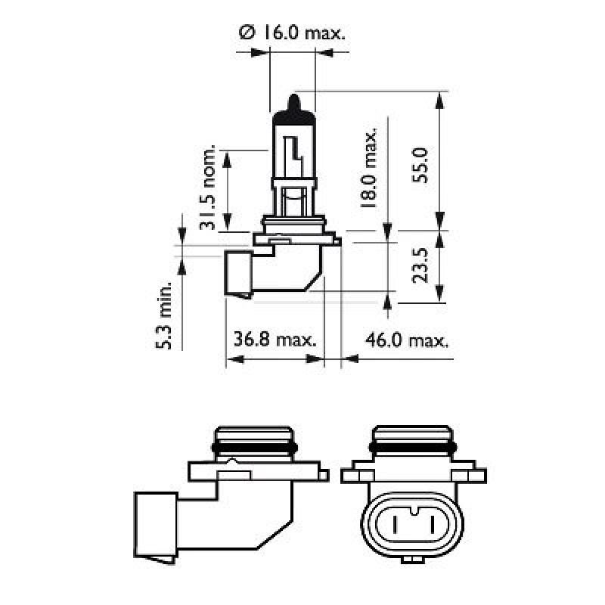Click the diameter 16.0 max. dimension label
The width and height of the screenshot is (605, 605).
(x=291, y=33)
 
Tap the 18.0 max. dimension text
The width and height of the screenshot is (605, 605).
(x=369, y=169)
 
